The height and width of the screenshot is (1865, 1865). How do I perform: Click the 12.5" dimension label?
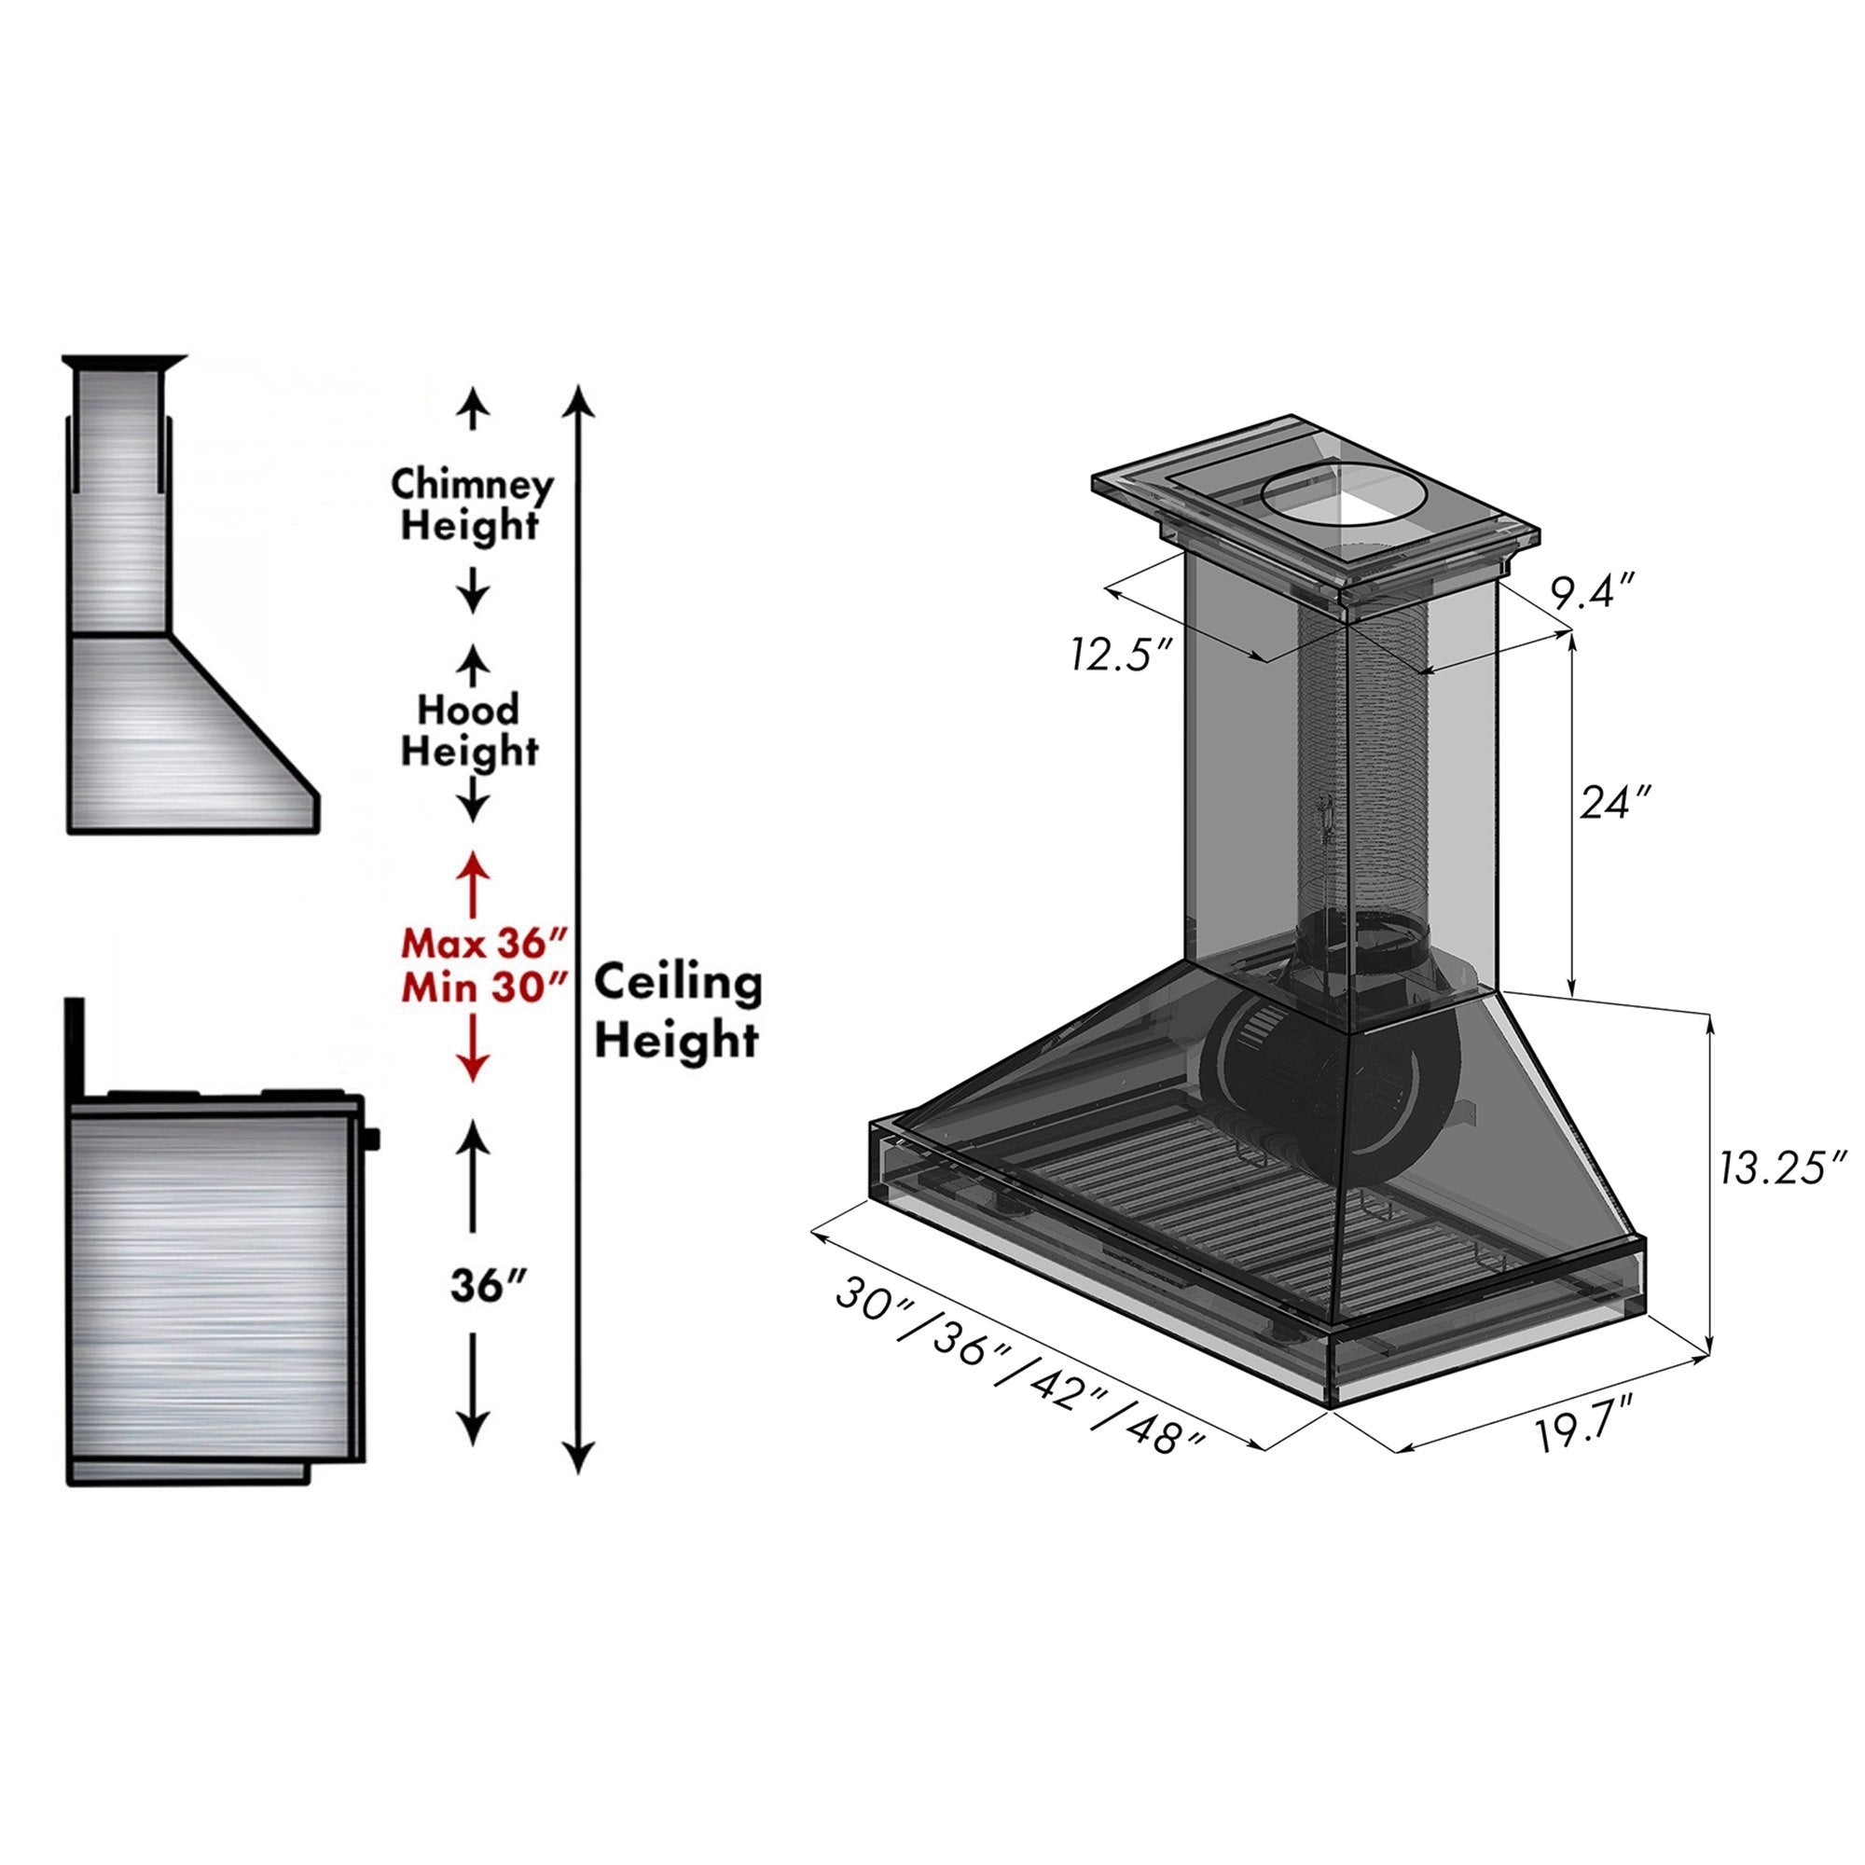tap(1121, 655)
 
